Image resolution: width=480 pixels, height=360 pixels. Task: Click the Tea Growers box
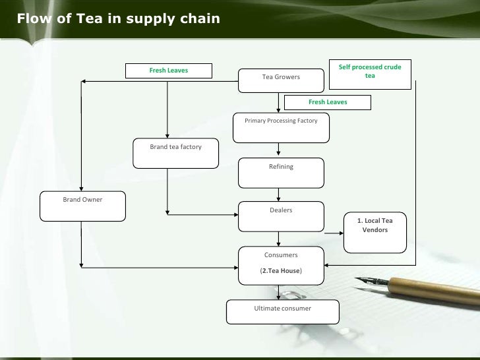pyautogui.click(x=281, y=80)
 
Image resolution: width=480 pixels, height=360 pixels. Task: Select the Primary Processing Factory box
pyautogui.click(x=281, y=127)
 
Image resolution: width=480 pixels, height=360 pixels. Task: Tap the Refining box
pyautogui.click(x=281, y=173)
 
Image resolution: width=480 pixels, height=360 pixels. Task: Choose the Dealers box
pyautogui.click(x=281, y=216)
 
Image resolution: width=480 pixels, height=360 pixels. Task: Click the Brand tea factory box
pyautogui.click(x=175, y=153)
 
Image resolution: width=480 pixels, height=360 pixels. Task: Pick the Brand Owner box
pyautogui.click(x=82, y=206)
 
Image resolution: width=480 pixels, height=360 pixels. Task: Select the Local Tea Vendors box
pyautogui.click(x=375, y=231)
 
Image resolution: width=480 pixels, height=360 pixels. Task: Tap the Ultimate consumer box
pyautogui.click(x=282, y=312)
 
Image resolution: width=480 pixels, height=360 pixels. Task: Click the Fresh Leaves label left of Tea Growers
pyautogui.click(x=169, y=70)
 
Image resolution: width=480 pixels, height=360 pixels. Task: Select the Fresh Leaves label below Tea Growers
pyautogui.click(x=328, y=102)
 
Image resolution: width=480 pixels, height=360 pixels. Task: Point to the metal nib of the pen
pyautogui.click(x=369, y=285)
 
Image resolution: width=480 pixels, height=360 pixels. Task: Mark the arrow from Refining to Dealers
pyautogui.click(x=281, y=195)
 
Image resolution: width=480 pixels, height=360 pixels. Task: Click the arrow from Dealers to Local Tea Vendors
pyautogui.click(x=334, y=232)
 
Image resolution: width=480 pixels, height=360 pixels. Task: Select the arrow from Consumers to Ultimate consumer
pyautogui.click(x=281, y=292)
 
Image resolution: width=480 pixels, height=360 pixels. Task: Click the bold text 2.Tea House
pyautogui.click(x=281, y=270)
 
